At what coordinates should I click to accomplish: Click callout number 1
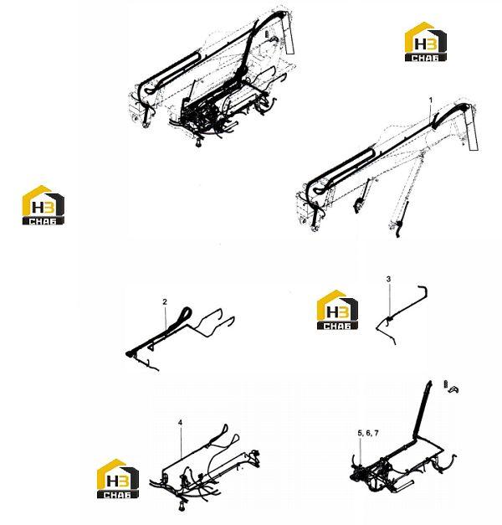[x=431, y=100]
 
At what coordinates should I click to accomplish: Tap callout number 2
[x=165, y=301]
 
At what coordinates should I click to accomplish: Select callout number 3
[x=388, y=279]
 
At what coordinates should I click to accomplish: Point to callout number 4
[x=181, y=423]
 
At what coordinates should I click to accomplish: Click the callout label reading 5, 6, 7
[x=368, y=433]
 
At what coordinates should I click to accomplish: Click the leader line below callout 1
[x=430, y=114]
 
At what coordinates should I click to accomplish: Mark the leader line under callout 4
[x=181, y=442]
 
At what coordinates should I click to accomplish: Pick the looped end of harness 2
[x=186, y=314]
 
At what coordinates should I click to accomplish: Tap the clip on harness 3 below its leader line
[x=389, y=319]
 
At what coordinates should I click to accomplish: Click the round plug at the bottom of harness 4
[x=182, y=506]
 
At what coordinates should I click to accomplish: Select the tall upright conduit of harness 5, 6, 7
[x=423, y=409]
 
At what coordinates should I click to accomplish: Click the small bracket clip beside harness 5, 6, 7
[x=454, y=389]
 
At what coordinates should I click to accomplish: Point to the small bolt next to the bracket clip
[x=446, y=384]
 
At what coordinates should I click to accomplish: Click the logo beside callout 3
[x=337, y=310]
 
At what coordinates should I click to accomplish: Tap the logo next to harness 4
[x=118, y=478]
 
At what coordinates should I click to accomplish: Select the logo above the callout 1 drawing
[x=425, y=42]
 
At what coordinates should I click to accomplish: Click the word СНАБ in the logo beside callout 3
[x=337, y=326]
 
